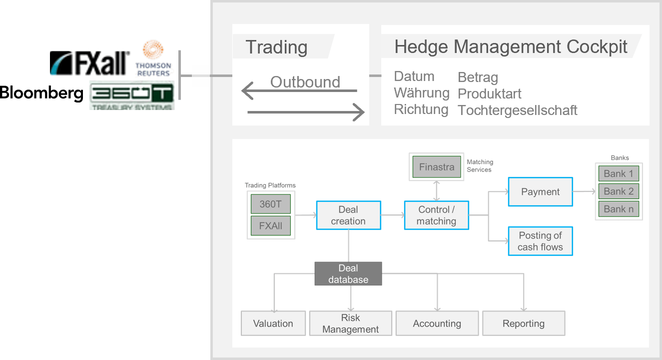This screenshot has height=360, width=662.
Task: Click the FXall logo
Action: coord(92,64)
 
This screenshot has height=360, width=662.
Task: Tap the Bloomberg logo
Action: coord(41,93)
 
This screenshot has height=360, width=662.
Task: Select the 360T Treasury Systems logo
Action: coord(131,95)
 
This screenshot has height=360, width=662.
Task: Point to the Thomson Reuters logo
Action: coord(154,59)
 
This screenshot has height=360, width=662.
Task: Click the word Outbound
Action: coord(305,82)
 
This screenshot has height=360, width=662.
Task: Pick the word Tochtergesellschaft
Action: coord(517,110)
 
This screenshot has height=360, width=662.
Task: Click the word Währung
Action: coord(422,93)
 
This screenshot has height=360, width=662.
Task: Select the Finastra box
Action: coord(437,167)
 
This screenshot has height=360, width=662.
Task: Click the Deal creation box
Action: coord(348,215)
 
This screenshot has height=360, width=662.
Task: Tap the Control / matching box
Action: coord(436,215)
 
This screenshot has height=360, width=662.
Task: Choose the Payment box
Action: coord(540,191)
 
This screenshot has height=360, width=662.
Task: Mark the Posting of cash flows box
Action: coord(540,241)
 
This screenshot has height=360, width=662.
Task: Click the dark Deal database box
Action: coord(348,273)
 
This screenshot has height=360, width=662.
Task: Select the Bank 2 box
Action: coord(619,191)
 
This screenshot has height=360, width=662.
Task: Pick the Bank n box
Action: coord(619,209)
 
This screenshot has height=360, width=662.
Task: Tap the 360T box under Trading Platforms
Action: coord(271,204)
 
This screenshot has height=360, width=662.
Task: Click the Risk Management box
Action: coord(350,323)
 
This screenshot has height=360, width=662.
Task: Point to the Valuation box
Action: coord(273,323)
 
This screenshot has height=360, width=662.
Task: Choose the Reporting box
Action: coord(524,323)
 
